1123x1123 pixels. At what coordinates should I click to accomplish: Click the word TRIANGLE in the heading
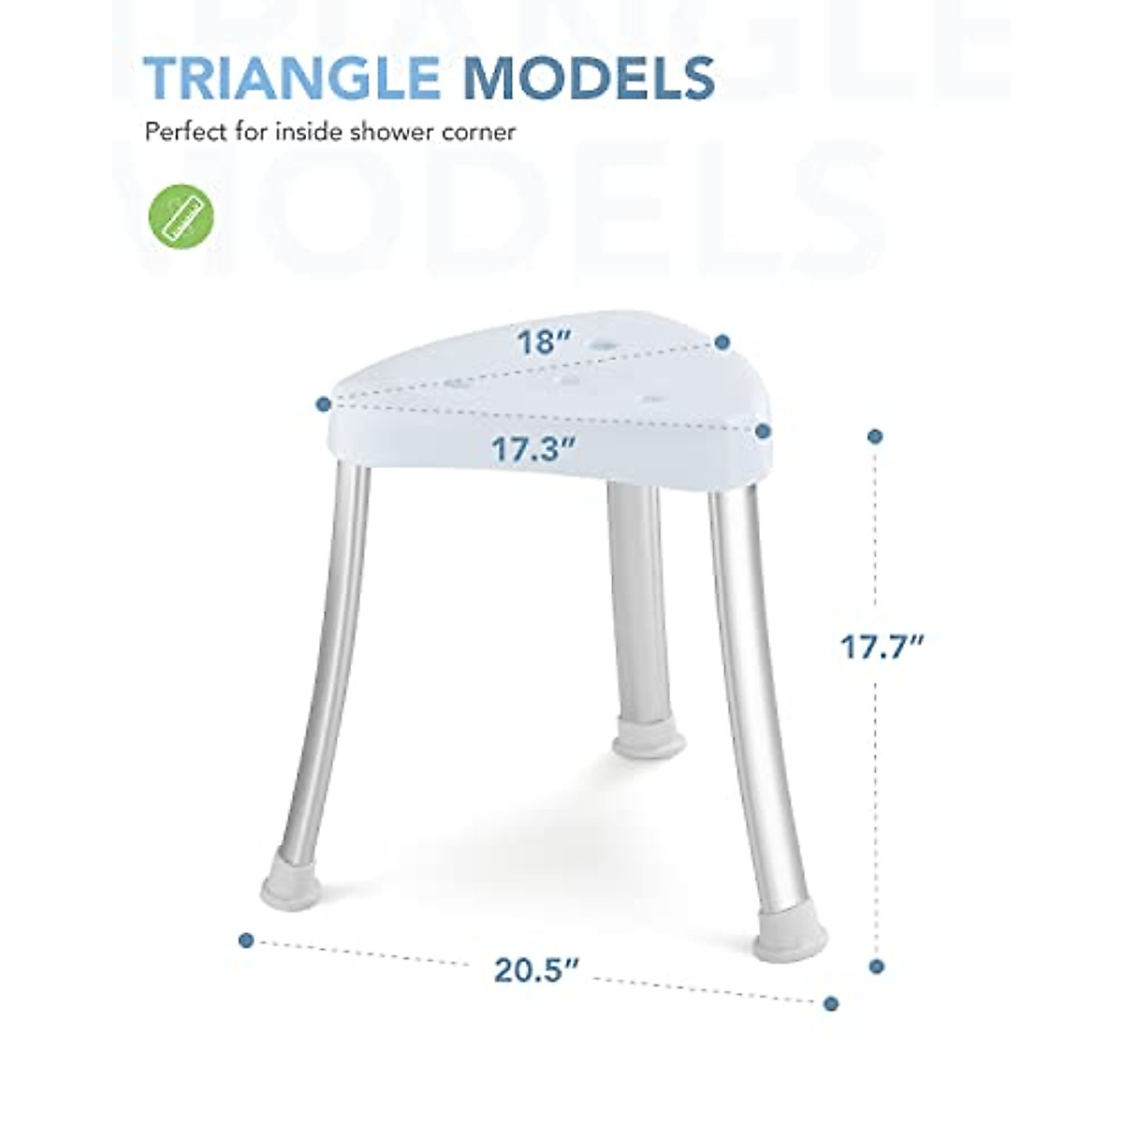point(291,78)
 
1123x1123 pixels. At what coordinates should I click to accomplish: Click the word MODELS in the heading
point(589,78)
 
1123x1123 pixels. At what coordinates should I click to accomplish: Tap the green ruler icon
point(182,216)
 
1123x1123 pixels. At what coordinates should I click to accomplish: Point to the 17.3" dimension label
point(532,450)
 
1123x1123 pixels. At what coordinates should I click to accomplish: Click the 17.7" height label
point(881,646)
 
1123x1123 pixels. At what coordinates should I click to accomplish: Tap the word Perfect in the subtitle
point(183,132)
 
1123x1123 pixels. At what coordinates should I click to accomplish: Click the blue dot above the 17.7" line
point(876,436)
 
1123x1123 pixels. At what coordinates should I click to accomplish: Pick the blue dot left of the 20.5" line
point(246,940)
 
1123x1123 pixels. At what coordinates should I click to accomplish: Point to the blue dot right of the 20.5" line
point(830,1004)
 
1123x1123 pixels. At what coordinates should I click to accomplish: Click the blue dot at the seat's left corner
point(323,404)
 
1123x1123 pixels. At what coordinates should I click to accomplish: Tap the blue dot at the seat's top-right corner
point(722,343)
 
